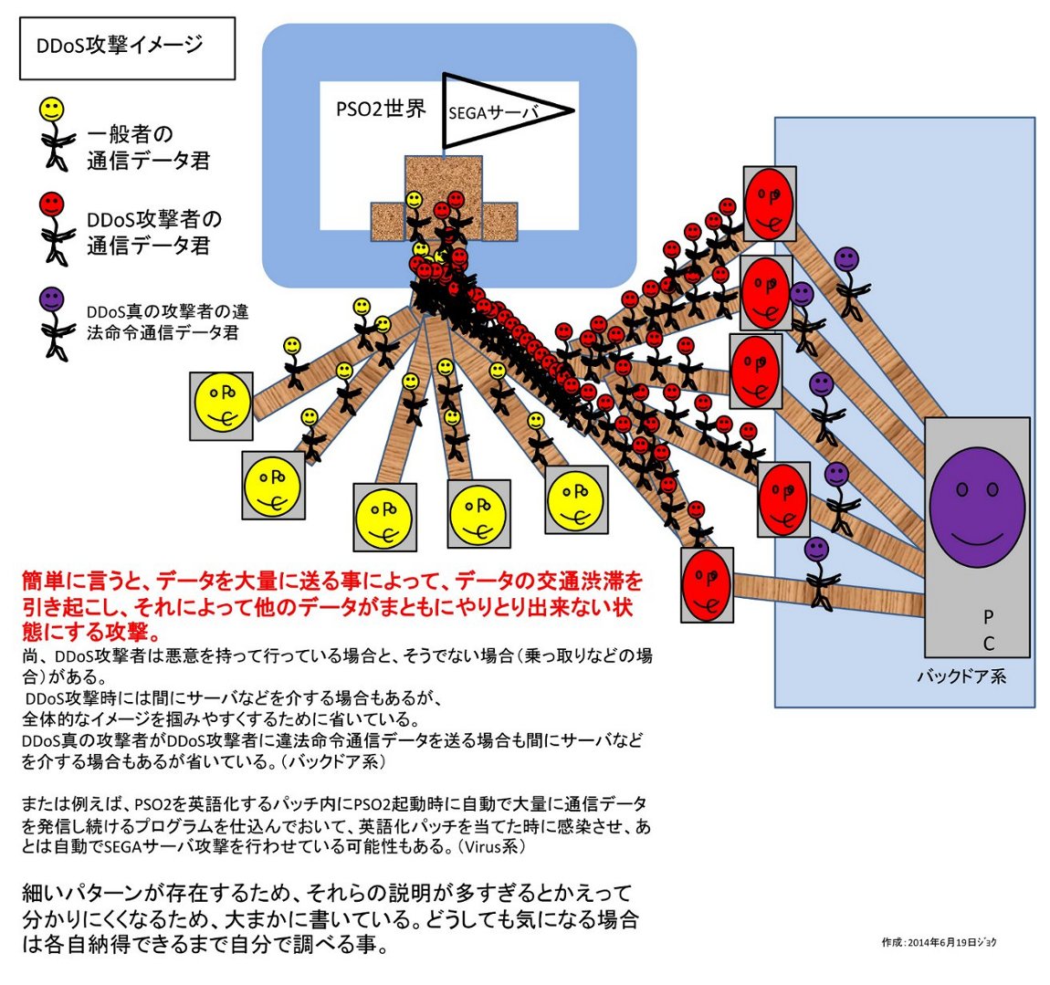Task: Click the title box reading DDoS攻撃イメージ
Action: point(127,47)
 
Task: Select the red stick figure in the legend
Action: point(53,226)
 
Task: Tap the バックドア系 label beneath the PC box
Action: point(961,676)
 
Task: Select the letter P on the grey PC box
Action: point(988,618)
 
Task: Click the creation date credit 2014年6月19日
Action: point(939,941)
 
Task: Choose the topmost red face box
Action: point(769,203)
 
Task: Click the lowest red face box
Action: point(707,584)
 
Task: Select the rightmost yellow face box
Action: point(576,498)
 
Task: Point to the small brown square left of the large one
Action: point(387,221)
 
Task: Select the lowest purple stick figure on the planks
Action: point(818,571)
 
